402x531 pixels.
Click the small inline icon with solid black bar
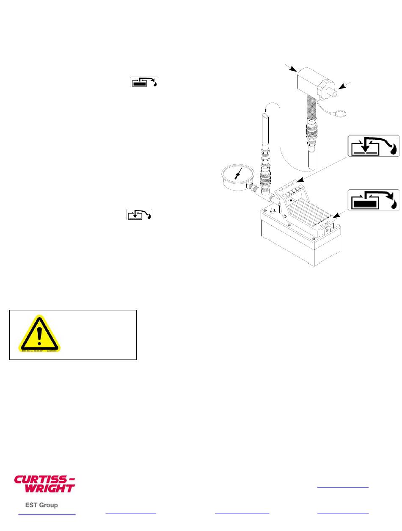tap(144, 82)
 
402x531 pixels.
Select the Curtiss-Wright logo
tap(45, 484)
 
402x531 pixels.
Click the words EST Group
tap(41, 505)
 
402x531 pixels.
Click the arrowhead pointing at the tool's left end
tap(292, 69)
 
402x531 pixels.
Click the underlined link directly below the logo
tap(47, 514)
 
